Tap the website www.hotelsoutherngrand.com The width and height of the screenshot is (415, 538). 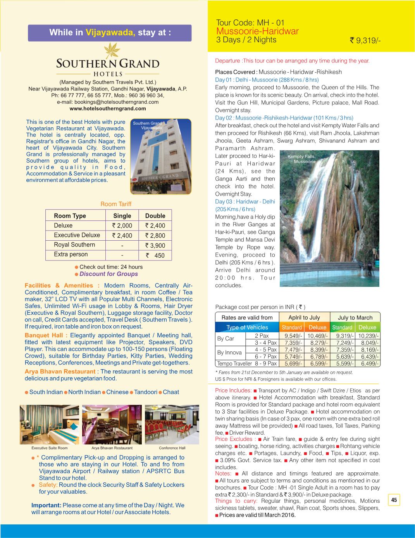coord(108,109)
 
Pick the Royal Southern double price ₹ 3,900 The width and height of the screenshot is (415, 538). coord(155,245)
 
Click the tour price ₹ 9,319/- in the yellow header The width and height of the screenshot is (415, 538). coord(365,40)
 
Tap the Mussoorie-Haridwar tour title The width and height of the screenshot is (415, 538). coord(257,31)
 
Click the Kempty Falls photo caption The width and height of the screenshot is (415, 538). coord(302,159)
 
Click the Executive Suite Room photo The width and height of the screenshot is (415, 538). coord(49,424)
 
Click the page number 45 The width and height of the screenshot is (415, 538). coord(394,500)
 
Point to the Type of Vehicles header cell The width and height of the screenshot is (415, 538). coord(247,327)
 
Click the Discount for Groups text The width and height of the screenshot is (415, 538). coord(108,274)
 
